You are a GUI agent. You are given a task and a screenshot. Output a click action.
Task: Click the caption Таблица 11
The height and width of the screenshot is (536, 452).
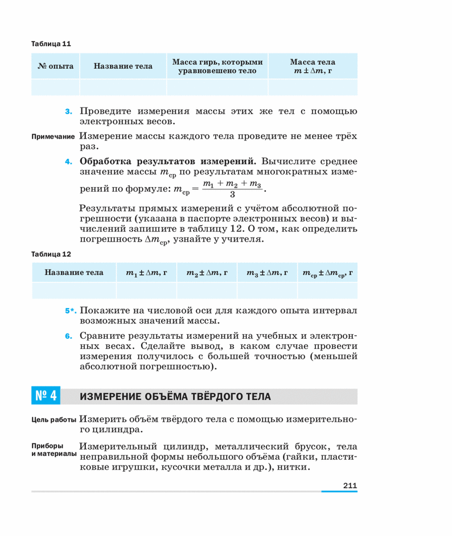(51, 43)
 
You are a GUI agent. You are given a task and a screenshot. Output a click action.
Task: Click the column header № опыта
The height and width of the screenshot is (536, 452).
(55, 66)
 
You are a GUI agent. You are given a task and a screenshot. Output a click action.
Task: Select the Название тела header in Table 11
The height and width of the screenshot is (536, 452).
(123, 66)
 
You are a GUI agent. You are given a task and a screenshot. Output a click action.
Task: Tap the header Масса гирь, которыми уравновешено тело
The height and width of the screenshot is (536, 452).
(217, 66)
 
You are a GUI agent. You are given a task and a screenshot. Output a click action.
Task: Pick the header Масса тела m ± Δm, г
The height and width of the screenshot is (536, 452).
(312, 66)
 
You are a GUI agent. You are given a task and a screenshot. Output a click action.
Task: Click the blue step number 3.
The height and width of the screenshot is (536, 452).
(68, 111)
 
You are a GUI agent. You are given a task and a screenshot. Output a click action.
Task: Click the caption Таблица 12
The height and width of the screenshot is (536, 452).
(51, 254)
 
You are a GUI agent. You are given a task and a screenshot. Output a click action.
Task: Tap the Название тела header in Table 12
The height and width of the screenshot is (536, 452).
(74, 273)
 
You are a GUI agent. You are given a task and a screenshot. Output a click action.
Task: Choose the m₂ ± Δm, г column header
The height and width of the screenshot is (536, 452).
(207, 273)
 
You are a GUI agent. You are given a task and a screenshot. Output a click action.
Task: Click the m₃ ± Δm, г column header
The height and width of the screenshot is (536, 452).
(267, 273)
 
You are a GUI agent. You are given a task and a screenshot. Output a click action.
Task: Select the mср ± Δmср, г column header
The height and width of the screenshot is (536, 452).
(328, 273)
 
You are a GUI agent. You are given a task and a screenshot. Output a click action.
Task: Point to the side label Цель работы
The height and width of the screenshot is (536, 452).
(54, 420)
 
